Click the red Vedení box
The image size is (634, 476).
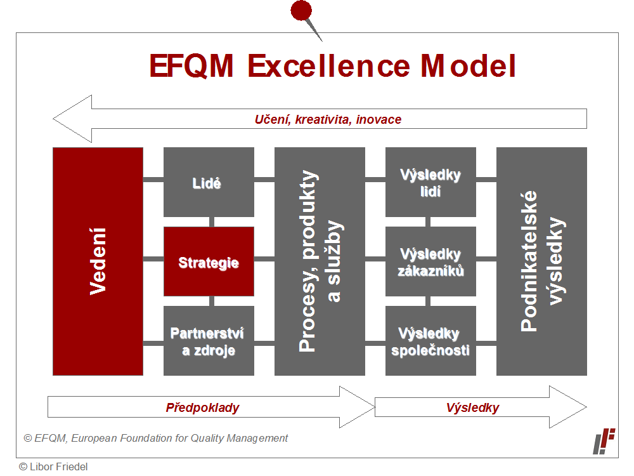(98, 261)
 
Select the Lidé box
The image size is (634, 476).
(209, 182)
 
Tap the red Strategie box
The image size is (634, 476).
(209, 261)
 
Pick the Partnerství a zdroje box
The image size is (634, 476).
(209, 341)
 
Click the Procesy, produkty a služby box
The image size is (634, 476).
(320, 261)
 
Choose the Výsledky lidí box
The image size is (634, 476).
(430, 182)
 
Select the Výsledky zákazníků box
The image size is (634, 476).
(430, 261)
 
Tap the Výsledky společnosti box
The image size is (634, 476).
(430, 341)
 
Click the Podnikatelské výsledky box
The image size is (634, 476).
(541, 261)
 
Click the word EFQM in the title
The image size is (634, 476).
(191, 66)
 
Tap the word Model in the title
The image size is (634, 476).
(468, 66)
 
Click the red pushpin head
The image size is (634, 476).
(301, 10)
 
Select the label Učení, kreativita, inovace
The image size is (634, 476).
(328, 119)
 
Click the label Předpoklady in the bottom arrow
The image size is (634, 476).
(202, 407)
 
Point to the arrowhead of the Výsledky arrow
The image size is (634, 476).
(586, 407)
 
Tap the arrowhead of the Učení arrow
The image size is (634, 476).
(53, 119)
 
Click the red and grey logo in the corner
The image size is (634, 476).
(604, 441)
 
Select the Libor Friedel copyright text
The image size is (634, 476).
(53, 466)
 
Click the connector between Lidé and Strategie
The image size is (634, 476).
(212, 221)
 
